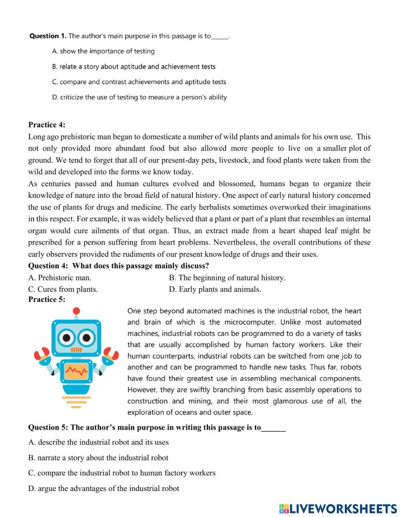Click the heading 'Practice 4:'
pos(46,125)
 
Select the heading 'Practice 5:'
pos(46,299)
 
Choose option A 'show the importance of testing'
pos(103,51)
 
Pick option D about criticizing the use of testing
pos(139,97)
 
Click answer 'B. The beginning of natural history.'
pos(227,278)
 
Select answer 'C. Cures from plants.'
pos(63,289)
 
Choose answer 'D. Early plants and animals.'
pos(215,289)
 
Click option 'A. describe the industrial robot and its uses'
pos(98,442)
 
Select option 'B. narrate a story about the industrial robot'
pos(98,458)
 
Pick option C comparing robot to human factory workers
pos(122,473)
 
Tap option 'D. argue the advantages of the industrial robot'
pos(104,488)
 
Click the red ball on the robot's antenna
pos(76,311)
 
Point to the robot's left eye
pos(65,338)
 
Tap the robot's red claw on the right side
pos(110,354)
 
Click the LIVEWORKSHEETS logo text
pos(338,508)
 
